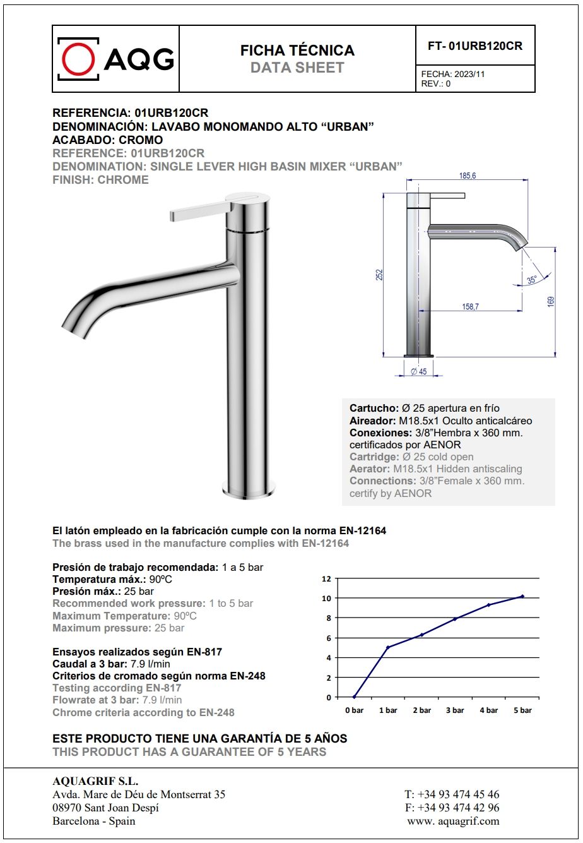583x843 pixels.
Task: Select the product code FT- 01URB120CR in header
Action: pyautogui.click(x=475, y=45)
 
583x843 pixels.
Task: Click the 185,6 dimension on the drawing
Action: pyautogui.click(x=468, y=176)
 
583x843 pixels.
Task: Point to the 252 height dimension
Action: pyautogui.click(x=380, y=275)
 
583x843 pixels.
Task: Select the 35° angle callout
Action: pyautogui.click(x=531, y=279)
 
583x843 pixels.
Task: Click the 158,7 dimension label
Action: pyautogui.click(x=470, y=306)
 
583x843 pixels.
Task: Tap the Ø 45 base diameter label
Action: pyautogui.click(x=419, y=371)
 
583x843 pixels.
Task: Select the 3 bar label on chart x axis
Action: pyautogui.click(x=455, y=710)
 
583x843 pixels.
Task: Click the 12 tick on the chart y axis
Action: pyautogui.click(x=326, y=578)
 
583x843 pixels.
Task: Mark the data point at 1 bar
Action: pyautogui.click(x=388, y=647)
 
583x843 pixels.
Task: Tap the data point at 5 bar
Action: pyautogui.click(x=522, y=596)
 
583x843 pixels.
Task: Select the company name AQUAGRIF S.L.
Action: pyautogui.click(x=95, y=781)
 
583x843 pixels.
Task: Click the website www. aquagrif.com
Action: pyautogui.click(x=453, y=821)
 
